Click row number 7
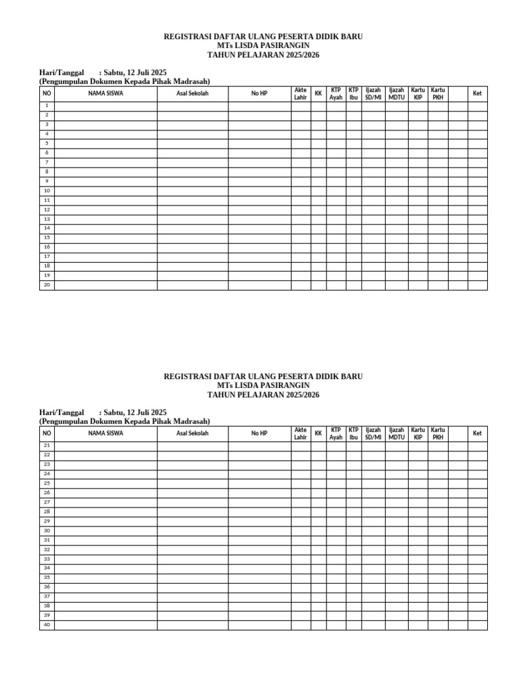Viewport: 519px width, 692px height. click(x=47, y=163)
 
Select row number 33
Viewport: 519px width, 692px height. click(x=47, y=560)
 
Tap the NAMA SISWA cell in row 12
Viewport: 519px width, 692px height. click(x=105, y=210)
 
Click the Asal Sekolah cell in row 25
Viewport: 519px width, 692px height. click(x=193, y=484)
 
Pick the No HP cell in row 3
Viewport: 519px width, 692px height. click(x=259, y=125)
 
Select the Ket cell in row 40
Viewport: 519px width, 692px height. click(x=477, y=625)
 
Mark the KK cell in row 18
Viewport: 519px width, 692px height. click(x=318, y=266)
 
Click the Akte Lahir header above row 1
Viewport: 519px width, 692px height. click(x=301, y=93)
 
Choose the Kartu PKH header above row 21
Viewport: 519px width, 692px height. click(x=438, y=433)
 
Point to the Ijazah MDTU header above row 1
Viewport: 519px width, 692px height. click(x=397, y=93)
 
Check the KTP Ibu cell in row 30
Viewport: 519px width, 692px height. click(x=353, y=531)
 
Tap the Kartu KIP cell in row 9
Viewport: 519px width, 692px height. click(x=418, y=182)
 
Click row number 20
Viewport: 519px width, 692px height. click(x=47, y=285)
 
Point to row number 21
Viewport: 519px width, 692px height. click(x=47, y=446)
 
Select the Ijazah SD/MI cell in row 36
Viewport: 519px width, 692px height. click(x=373, y=587)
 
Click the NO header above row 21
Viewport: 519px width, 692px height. click(x=47, y=433)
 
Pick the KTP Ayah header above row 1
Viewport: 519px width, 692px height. click(x=336, y=93)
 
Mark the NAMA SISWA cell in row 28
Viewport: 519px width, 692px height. click(x=105, y=512)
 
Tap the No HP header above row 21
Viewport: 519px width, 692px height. click(x=259, y=433)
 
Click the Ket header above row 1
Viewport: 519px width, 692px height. click(x=477, y=93)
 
